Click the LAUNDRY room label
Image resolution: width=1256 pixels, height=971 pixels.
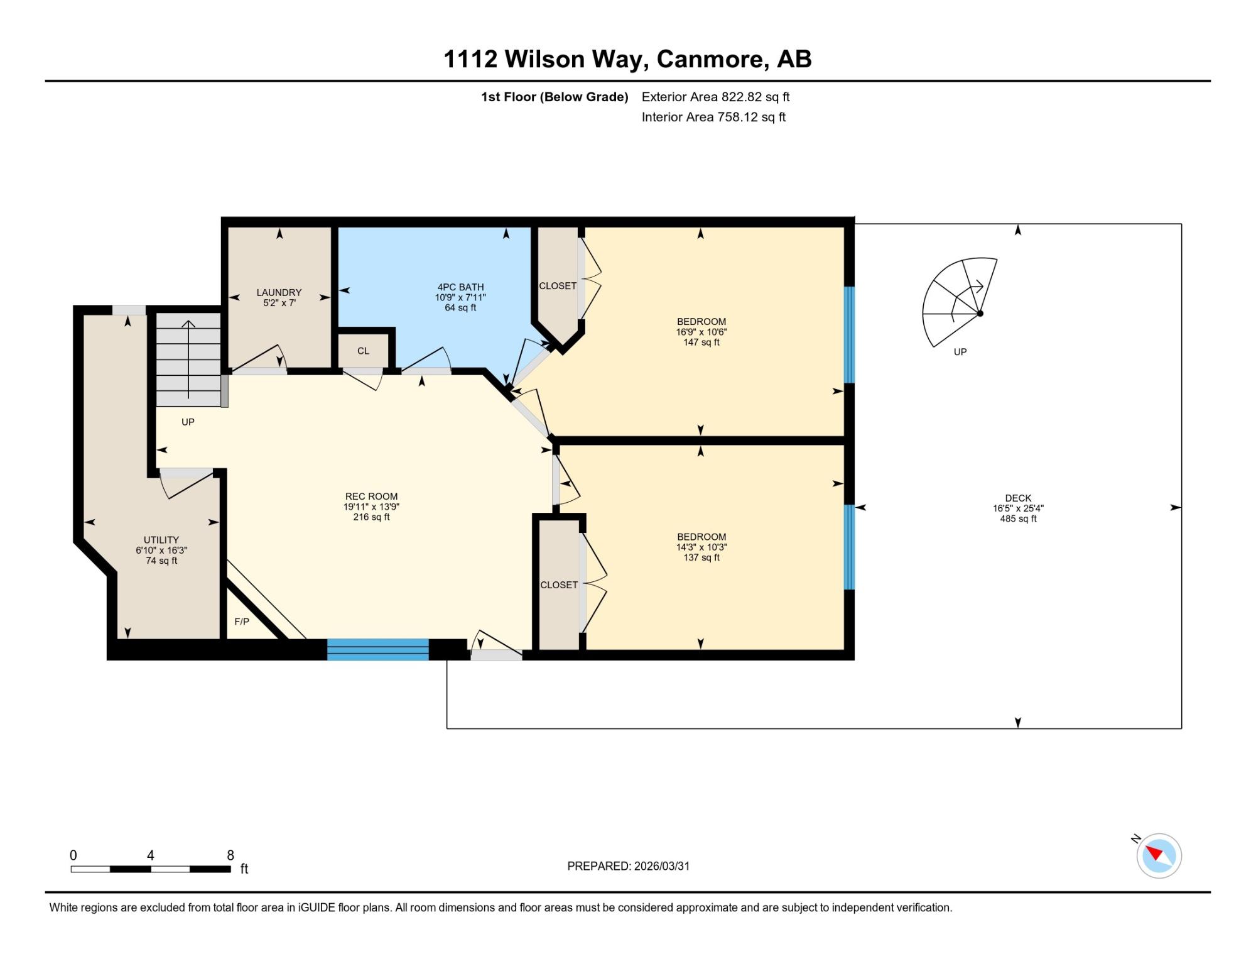279,292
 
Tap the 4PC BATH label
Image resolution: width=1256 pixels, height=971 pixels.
460,287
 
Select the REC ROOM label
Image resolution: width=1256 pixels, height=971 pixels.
371,496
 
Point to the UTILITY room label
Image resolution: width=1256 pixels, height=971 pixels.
161,540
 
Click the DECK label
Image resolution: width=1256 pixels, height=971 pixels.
1018,498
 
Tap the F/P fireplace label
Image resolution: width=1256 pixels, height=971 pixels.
242,622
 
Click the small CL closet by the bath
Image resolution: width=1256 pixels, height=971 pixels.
364,351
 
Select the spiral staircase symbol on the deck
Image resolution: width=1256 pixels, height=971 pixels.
959,302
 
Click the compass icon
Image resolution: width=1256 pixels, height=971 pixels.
1159,855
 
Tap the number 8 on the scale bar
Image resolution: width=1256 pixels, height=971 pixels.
230,855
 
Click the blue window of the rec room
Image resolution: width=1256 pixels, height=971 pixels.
378,649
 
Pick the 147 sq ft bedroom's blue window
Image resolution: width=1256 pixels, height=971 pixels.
849,335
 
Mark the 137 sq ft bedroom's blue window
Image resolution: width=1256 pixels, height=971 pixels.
849,547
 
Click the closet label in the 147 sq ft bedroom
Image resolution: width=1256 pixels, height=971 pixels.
558,286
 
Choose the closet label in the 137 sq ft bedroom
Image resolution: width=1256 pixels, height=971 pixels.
559,585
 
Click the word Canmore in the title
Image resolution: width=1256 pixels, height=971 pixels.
712,59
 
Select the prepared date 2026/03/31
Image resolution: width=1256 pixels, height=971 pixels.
662,866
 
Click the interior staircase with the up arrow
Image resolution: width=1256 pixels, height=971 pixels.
188,359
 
